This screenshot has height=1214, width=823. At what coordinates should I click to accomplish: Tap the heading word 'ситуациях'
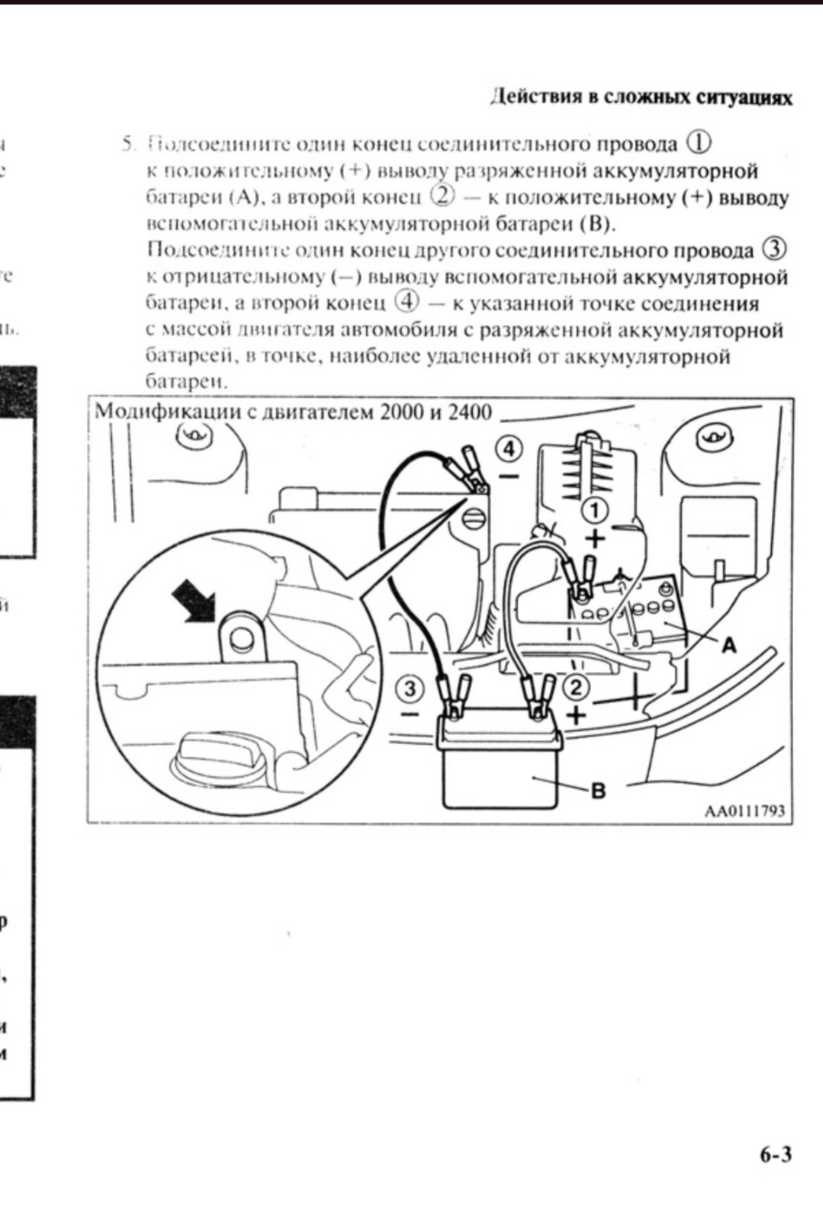(x=744, y=98)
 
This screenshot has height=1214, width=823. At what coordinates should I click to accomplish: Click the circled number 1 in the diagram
(x=596, y=510)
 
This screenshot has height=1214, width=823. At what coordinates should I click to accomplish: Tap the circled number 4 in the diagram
(x=510, y=448)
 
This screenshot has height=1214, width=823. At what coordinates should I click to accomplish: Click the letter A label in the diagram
(x=729, y=645)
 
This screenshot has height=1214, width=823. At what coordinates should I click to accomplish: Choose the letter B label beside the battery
(x=599, y=791)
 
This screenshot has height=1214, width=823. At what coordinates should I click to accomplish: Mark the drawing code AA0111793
(x=744, y=811)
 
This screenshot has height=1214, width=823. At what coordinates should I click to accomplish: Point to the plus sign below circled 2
(x=577, y=715)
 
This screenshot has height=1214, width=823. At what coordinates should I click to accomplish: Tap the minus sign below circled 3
(x=410, y=715)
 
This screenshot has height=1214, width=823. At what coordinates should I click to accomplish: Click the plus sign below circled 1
(x=596, y=538)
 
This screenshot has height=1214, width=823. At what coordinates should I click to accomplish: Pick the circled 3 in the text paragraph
(x=773, y=249)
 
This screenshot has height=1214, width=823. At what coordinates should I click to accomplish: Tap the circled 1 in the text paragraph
(x=699, y=143)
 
